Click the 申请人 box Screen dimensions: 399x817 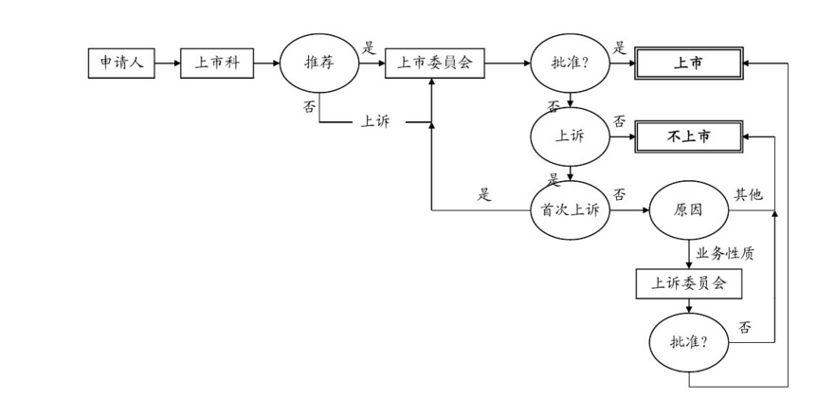119,63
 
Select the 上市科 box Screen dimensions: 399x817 217,63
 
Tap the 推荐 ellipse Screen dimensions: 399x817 319,63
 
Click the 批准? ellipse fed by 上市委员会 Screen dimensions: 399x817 569,63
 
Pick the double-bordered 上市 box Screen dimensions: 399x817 688,63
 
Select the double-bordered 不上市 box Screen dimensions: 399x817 688,136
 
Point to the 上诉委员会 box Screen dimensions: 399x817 688,282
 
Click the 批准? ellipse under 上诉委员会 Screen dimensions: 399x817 688,341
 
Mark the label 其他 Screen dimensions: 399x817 748,194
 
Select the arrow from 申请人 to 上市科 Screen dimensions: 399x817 167,63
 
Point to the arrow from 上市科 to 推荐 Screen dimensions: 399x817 267,63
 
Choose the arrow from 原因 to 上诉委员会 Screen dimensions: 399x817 688,253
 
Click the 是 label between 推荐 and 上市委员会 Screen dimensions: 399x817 369,47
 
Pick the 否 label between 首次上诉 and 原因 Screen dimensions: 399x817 619,194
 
